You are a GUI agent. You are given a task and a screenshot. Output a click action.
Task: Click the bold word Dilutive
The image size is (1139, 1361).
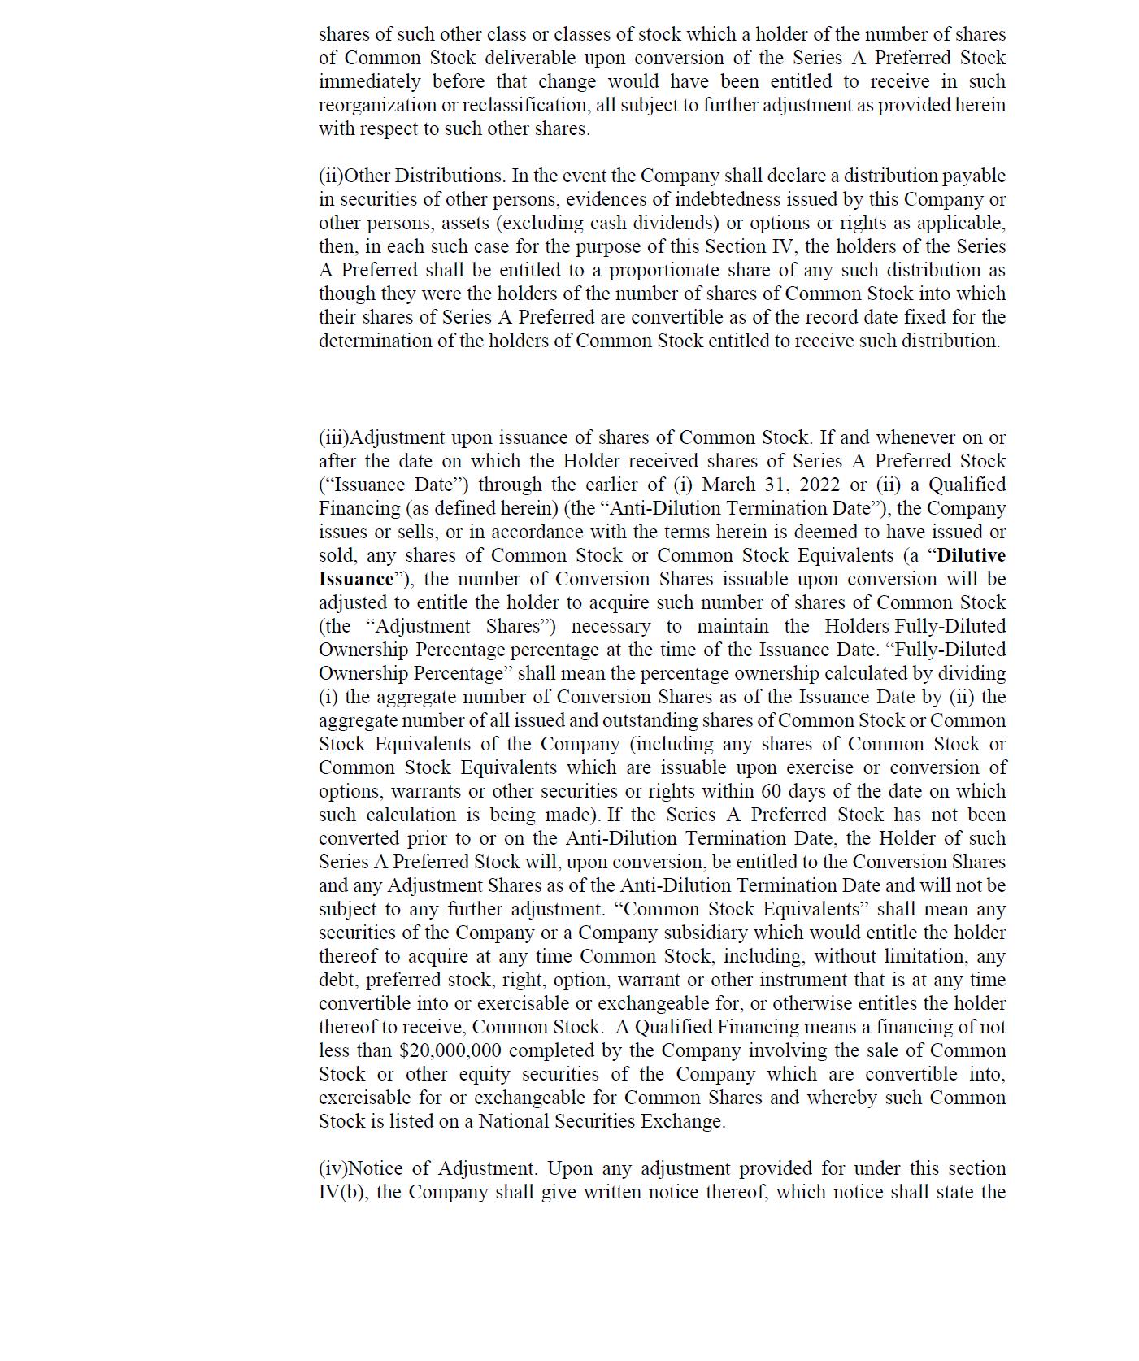[x=971, y=555]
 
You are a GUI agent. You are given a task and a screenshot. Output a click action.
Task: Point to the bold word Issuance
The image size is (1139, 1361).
[x=355, y=579]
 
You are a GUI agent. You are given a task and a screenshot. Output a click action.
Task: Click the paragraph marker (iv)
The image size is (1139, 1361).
[x=333, y=1168]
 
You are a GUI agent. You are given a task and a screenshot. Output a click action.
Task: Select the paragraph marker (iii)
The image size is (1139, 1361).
[x=333, y=437]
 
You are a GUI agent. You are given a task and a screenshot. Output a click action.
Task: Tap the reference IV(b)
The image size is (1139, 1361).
[x=341, y=1192]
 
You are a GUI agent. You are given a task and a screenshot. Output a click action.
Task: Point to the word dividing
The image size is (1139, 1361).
[x=971, y=673]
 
